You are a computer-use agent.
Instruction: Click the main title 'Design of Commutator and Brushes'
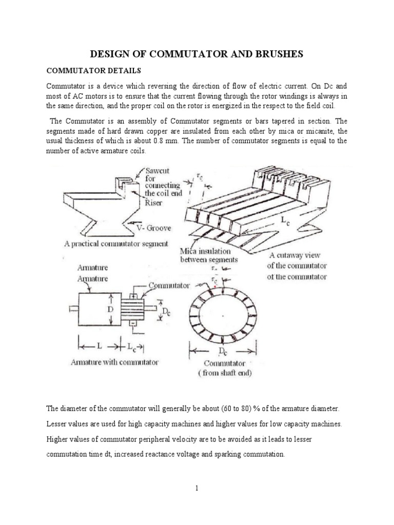(x=196, y=54)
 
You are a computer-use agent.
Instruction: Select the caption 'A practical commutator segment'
(x=116, y=244)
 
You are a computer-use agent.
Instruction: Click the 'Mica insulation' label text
(x=205, y=252)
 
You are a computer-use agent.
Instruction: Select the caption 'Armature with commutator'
(x=115, y=362)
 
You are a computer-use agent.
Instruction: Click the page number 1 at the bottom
(x=196, y=488)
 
